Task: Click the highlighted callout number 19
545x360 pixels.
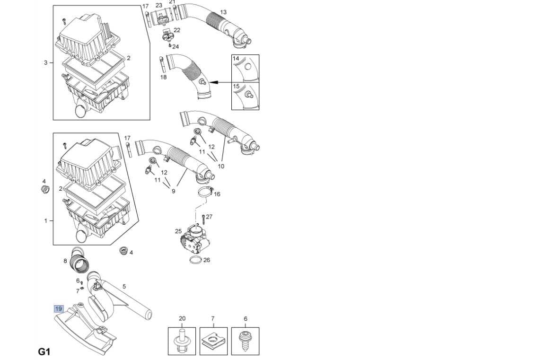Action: point(58,308)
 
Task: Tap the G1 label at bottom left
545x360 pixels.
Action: point(44,351)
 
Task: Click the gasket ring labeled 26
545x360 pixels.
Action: point(196,260)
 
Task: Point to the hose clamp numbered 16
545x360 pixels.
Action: point(205,192)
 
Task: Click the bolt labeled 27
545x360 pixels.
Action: point(203,219)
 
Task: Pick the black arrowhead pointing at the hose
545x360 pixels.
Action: point(213,82)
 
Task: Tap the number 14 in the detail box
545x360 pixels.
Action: point(236,58)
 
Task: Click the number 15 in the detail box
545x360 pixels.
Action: point(236,86)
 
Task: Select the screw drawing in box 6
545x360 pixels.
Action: point(245,340)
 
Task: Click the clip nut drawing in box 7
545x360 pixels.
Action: point(213,342)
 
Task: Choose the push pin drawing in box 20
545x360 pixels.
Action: point(182,341)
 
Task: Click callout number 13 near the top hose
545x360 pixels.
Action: point(223,12)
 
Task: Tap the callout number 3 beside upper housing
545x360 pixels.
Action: point(45,62)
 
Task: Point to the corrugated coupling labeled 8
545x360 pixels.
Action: point(79,263)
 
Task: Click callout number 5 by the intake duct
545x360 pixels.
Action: point(124,287)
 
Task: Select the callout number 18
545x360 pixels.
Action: point(163,77)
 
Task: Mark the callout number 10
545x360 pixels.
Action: point(221,166)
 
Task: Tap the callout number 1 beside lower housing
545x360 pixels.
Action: point(45,220)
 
